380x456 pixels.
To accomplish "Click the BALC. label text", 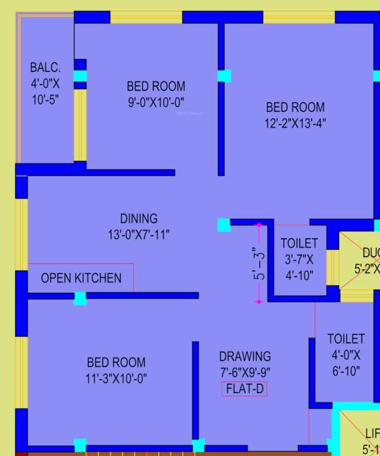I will pos(45,68).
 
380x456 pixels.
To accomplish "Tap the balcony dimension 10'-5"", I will pos(45,100).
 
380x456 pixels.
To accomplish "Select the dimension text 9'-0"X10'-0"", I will pos(156,102).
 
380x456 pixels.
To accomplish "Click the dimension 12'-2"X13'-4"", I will pos(295,123).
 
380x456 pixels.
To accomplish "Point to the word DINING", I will pos(139,218).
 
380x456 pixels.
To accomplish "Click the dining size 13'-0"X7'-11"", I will pos(139,235).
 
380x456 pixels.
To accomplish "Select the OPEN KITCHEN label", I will pos(81,278).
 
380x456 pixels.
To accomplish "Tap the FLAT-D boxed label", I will pos(244,389).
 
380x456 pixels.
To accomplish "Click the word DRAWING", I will pos(244,356).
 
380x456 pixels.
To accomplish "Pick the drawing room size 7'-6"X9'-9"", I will pos(244,373).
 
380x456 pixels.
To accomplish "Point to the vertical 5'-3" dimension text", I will pos(257,264).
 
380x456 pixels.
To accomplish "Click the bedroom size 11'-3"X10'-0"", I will pos(116,378).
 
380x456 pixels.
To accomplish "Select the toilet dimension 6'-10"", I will pos(346,372).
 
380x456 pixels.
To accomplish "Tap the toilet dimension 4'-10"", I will pos(299,275).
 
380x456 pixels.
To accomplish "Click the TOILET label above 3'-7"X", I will pos(299,243).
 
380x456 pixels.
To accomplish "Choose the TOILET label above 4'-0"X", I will pos(346,339).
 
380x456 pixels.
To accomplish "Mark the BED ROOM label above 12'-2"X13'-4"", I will pos(295,107).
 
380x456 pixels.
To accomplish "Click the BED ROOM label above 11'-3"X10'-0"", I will pos(116,362).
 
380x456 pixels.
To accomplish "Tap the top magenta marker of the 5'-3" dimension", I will pos(259,225).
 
